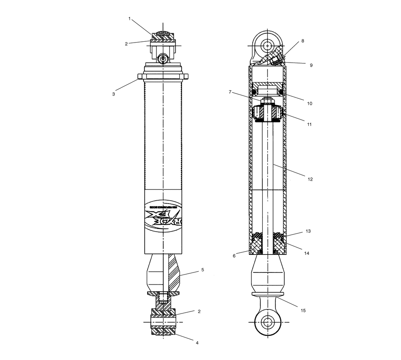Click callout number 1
click(130, 18)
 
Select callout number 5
click(203, 270)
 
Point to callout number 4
click(197, 343)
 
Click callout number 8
click(302, 41)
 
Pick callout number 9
click(311, 65)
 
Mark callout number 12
click(310, 179)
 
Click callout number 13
click(308, 232)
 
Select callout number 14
click(307, 253)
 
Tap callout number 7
click(230, 92)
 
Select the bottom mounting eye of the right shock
click(267, 322)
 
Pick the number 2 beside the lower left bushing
click(198, 311)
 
